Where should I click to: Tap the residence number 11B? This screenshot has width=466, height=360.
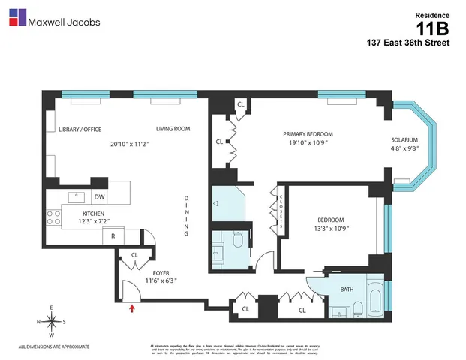[x=434, y=28]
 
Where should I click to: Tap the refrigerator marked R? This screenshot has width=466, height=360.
[x=113, y=235]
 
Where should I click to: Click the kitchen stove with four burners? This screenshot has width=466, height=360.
[x=54, y=217]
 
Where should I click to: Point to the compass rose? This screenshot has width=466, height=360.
[x=50, y=322]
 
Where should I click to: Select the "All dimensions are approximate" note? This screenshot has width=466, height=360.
[x=54, y=346]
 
